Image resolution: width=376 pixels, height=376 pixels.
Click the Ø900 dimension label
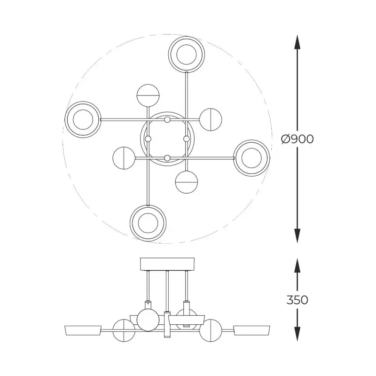click(x=297, y=139)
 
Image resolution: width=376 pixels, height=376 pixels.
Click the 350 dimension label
click(x=298, y=300)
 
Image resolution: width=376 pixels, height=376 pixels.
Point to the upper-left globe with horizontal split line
click(x=148, y=95)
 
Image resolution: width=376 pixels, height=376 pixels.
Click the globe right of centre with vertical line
click(x=211, y=119)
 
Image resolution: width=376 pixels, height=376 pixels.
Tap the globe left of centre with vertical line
click(x=124, y=158)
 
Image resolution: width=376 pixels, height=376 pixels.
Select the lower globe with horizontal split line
click(x=187, y=182)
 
